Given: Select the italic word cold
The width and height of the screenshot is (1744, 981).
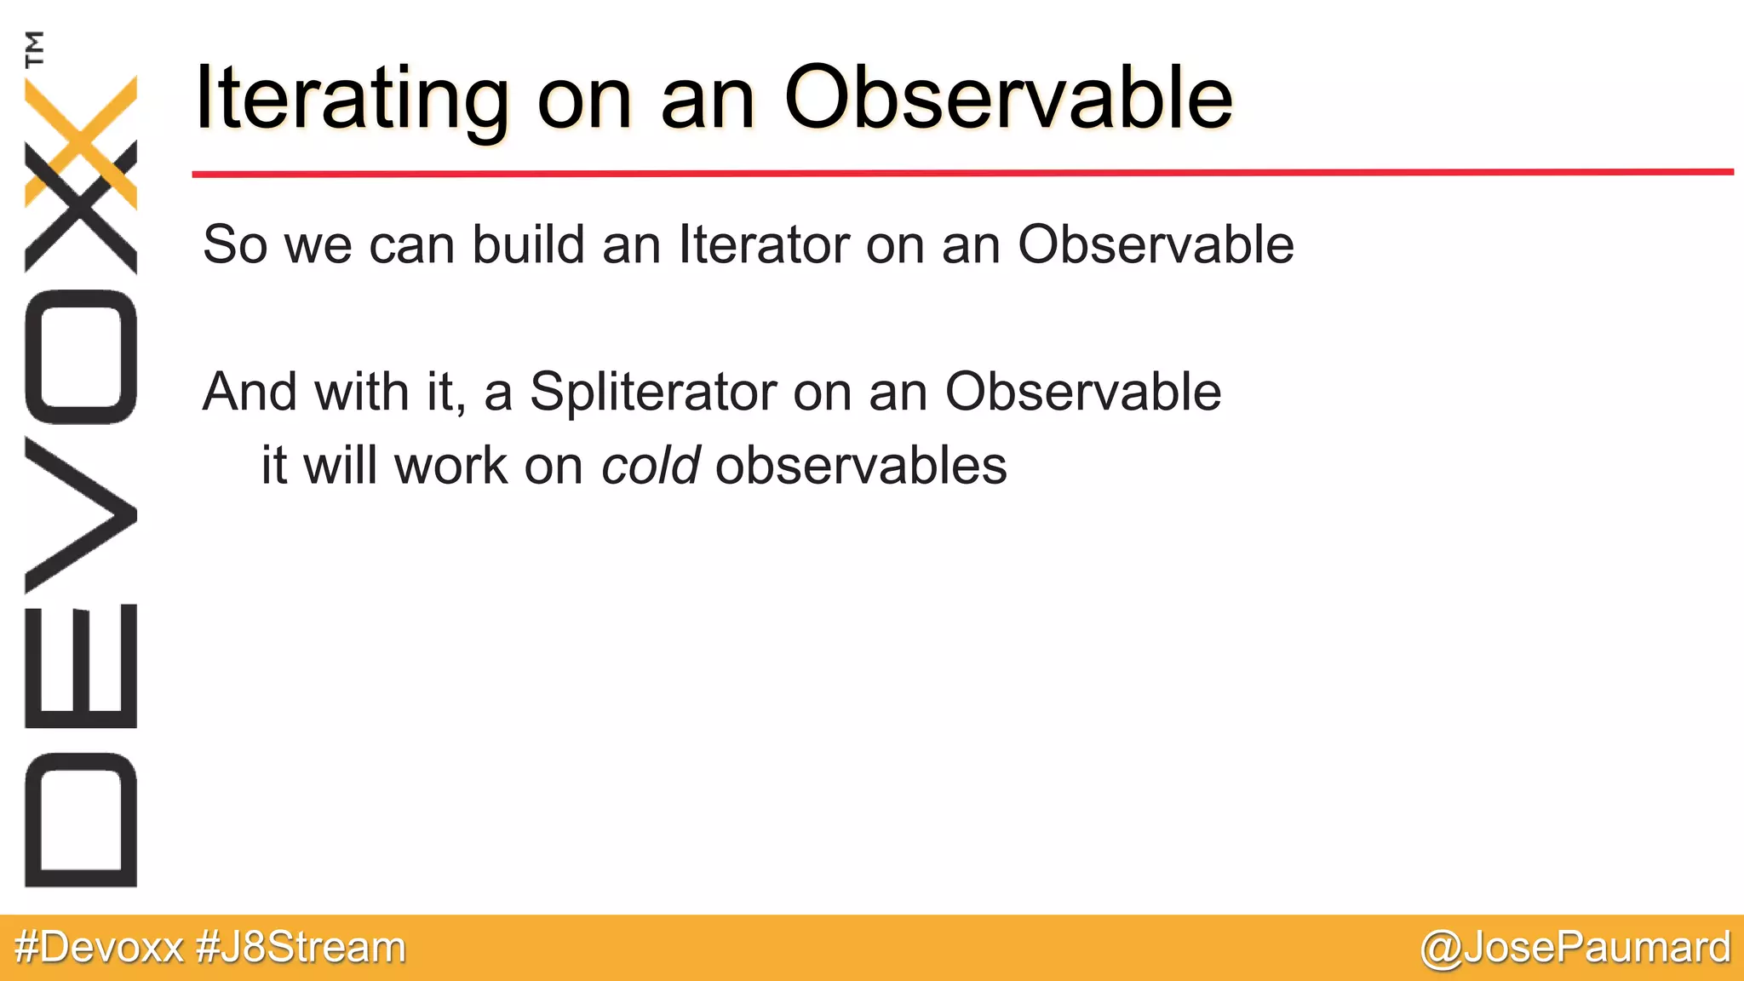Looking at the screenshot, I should [651, 466].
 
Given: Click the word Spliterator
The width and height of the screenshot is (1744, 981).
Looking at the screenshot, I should [653, 393].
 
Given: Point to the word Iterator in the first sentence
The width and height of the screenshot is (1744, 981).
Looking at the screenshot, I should [764, 245].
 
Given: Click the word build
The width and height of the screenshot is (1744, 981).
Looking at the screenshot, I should [528, 245].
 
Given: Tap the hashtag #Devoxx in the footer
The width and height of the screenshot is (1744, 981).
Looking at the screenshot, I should [99, 948].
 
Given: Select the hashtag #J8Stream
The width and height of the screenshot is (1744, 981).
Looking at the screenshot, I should [301, 948].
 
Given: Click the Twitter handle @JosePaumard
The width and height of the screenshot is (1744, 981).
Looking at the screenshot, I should [1575, 948].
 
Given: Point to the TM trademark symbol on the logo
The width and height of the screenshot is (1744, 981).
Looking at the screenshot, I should [35, 49].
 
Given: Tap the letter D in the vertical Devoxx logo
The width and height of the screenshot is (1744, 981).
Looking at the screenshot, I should [81, 819].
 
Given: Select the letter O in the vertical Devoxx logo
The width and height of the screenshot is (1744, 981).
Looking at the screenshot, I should [81, 357].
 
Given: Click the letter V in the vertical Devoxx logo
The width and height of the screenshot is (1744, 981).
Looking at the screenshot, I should [81, 515].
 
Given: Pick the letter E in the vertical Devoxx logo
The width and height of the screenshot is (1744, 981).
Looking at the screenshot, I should [81, 666].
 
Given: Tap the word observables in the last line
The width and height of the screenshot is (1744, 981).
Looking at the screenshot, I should [861, 466].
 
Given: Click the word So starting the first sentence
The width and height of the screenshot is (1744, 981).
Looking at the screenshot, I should [234, 245].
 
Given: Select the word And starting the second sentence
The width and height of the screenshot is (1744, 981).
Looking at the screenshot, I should [250, 393].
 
